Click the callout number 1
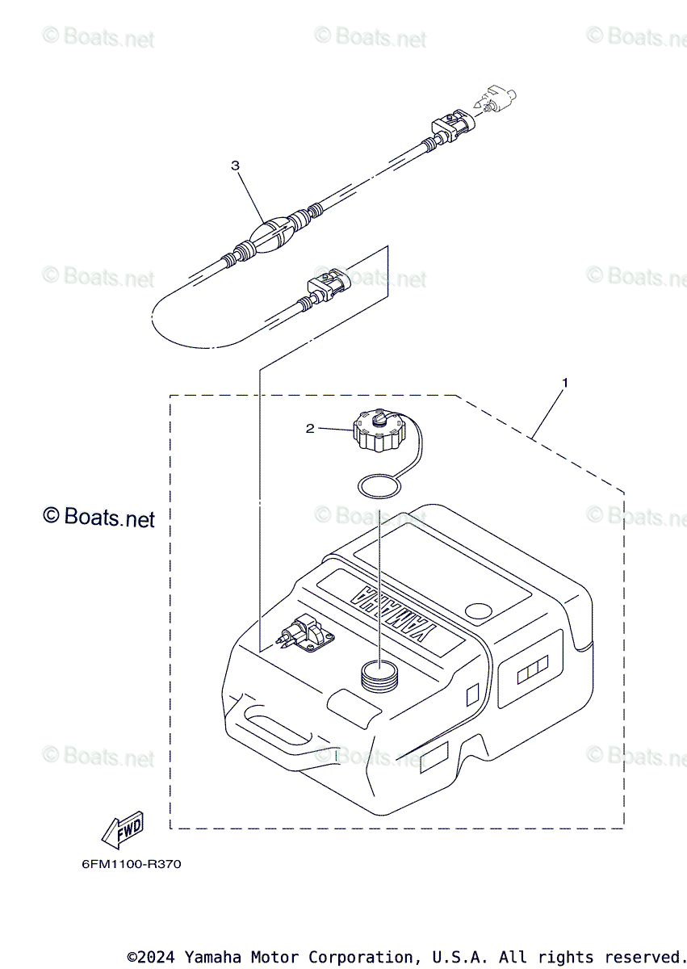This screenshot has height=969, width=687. (x=565, y=382)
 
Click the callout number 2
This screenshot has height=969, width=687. (x=310, y=429)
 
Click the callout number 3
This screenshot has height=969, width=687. (x=235, y=166)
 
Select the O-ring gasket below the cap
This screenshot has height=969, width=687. (x=378, y=487)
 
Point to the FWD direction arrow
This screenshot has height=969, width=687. (x=122, y=828)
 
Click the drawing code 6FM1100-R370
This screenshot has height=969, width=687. (x=132, y=864)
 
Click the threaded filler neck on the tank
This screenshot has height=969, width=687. (x=379, y=674)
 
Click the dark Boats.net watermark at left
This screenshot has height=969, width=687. (x=98, y=517)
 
